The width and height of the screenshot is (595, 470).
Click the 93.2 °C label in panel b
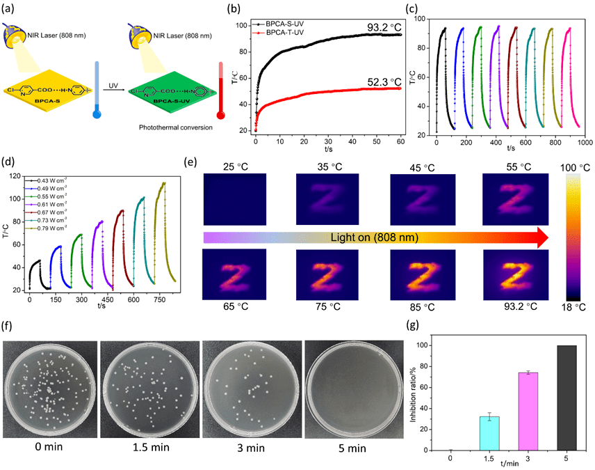point(386,27)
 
